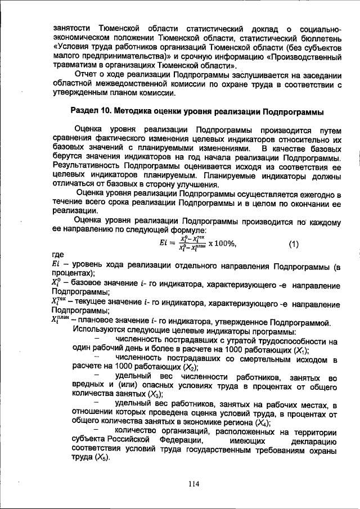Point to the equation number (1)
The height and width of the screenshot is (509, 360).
coord(294,244)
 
